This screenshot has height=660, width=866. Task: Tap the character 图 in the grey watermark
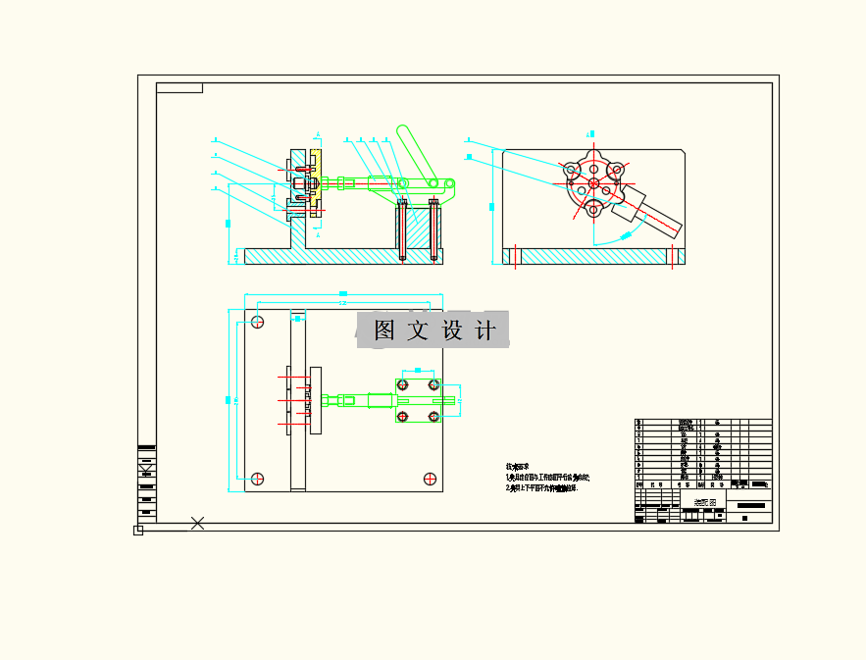pyautogui.click(x=384, y=330)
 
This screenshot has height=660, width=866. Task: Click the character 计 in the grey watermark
pyautogui.click(x=484, y=330)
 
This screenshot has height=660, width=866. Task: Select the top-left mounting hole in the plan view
pyautogui.click(x=258, y=322)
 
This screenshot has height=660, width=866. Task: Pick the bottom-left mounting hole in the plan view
pyautogui.click(x=258, y=479)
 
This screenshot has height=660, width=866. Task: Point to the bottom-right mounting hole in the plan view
pyautogui.click(x=430, y=479)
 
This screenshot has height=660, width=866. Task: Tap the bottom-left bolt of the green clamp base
pyautogui.click(x=402, y=417)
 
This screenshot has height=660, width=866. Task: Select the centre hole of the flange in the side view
pyautogui.click(x=594, y=184)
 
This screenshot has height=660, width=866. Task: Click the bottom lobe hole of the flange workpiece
pyautogui.click(x=594, y=208)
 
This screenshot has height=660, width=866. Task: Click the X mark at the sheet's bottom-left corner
pyautogui.click(x=197, y=523)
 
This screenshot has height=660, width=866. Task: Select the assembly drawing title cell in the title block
pyautogui.click(x=705, y=502)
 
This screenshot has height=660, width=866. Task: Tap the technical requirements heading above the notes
pyautogui.click(x=516, y=467)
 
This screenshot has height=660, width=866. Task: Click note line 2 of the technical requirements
pyautogui.click(x=541, y=487)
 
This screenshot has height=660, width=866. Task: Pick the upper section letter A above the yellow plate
pyautogui.click(x=318, y=133)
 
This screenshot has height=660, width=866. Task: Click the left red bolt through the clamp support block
pyautogui.click(x=403, y=229)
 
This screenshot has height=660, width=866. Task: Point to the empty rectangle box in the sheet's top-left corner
pyautogui.click(x=179, y=88)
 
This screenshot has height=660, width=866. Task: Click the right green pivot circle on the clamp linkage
pyautogui.click(x=449, y=182)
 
